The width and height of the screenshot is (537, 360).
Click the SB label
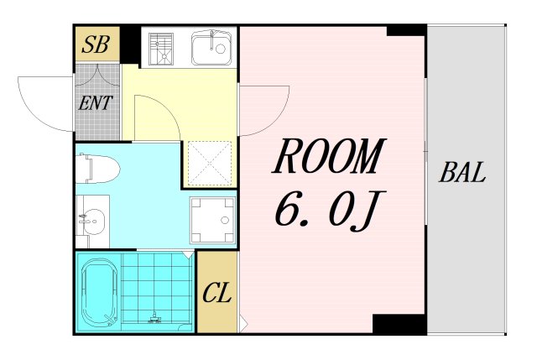[x=96, y=45]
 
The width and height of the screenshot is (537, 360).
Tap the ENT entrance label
[x=96, y=104]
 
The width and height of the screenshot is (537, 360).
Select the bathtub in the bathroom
[x=99, y=293]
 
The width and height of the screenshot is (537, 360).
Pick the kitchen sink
[x=211, y=48]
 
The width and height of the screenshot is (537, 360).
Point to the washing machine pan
[x=211, y=220]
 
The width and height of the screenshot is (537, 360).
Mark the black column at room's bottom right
[x=399, y=324]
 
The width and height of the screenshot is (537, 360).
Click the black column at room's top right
[x=406, y=30]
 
